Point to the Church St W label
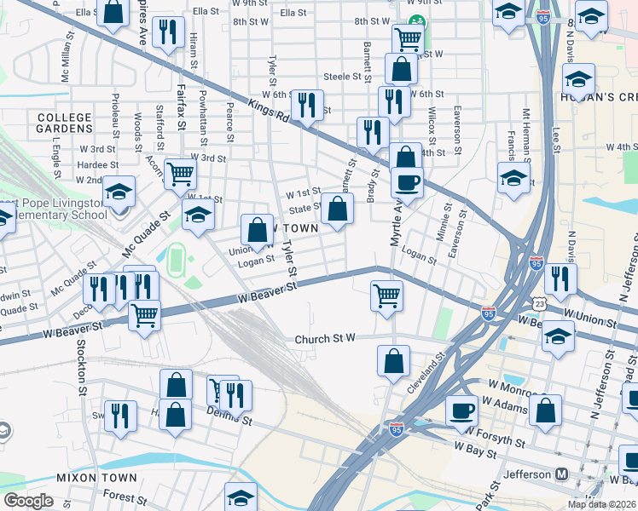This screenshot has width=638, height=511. click(324, 339)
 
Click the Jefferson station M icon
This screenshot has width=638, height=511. click(562, 474)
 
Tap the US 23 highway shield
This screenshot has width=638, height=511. click(538, 303)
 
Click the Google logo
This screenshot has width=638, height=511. click(28, 501)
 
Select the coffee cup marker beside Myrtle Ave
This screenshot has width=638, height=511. click(407, 181)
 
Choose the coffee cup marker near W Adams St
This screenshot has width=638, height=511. click(462, 410)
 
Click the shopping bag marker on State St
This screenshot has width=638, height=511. click(338, 207)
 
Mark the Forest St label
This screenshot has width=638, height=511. click(119, 494)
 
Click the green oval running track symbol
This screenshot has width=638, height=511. click(177, 259)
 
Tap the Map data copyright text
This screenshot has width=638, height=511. click(602, 504)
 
